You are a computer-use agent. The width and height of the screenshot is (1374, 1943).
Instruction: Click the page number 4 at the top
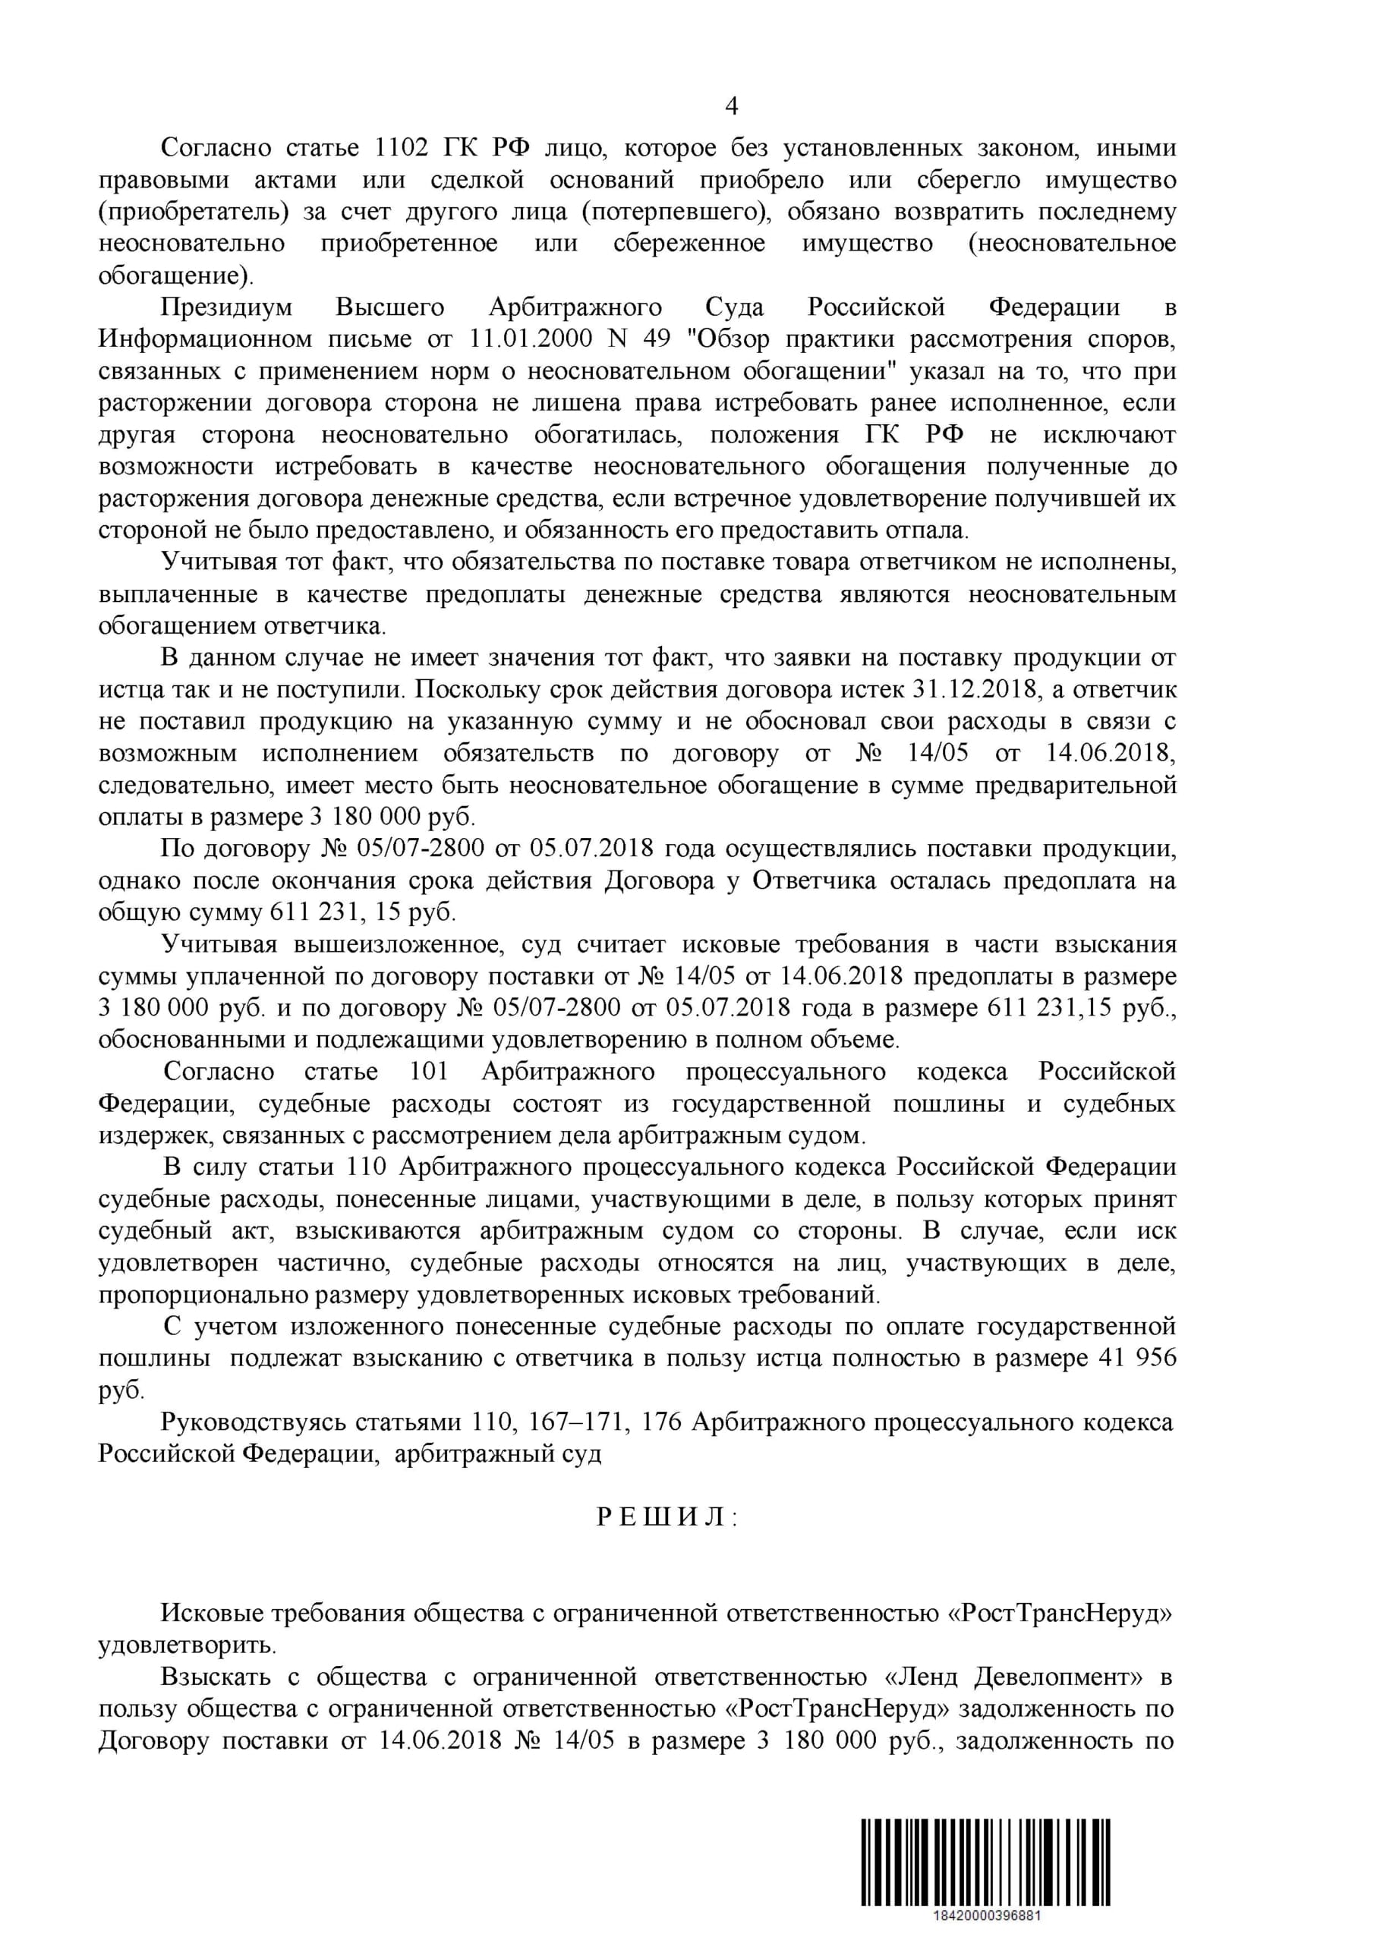(x=732, y=105)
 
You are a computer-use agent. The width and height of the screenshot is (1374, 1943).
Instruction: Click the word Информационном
(x=205, y=339)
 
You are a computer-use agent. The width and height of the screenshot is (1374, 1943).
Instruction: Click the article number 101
(x=428, y=1072)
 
